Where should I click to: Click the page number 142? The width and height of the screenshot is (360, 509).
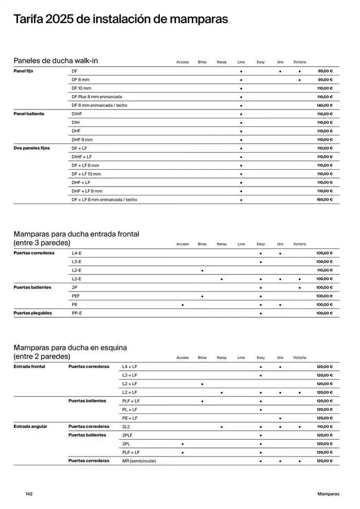click(29, 494)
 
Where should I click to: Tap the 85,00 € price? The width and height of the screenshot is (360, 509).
click(325, 71)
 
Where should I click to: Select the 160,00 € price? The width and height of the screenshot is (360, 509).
click(325, 199)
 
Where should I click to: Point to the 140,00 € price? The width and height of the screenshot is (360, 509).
click(325, 105)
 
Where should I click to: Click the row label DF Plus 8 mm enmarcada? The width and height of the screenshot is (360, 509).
click(97, 97)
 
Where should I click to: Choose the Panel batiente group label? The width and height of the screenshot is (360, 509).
click(29, 114)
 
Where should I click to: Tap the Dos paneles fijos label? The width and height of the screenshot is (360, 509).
click(31, 148)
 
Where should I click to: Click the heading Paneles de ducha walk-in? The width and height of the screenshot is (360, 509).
click(56, 61)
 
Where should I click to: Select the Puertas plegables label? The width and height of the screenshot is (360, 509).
click(32, 313)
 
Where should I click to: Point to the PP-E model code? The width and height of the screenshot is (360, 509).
click(77, 313)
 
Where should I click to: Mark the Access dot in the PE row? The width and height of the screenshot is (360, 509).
click(183, 305)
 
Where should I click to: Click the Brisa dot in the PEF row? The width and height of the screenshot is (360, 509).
click(202, 296)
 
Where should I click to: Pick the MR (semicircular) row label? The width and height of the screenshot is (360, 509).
click(139, 461)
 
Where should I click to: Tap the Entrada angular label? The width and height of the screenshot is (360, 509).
click(30, 427)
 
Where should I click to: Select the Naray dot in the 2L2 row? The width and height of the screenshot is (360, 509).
click(222, 427)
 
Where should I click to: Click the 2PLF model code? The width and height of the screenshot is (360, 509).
click(128, 435)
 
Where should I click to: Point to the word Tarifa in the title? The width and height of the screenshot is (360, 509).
click(28, 20)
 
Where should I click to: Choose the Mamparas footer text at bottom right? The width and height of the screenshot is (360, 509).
click(329, 494)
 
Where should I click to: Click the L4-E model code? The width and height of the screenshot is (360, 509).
click(77, 253)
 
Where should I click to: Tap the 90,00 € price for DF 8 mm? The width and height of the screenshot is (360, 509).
click(325, 80)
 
